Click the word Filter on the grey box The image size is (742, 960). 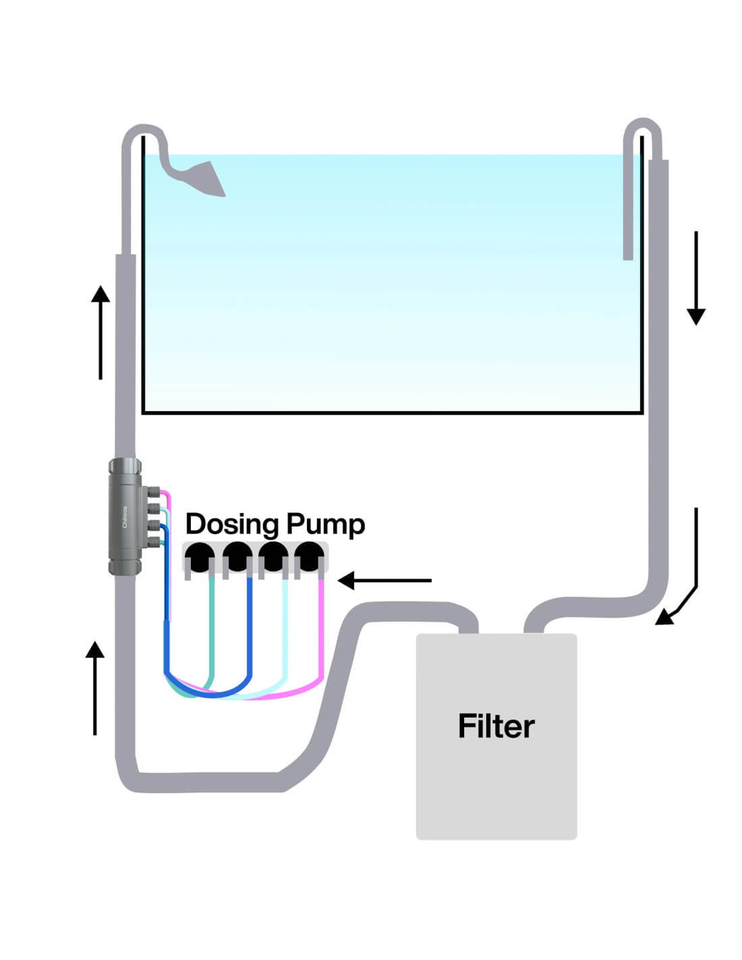(496, 726)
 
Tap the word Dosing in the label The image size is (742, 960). (231, 525)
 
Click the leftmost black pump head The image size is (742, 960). (200, 557)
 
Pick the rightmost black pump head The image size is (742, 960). (309, 557)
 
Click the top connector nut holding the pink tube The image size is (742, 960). (154, 492)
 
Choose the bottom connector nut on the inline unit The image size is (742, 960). (154, 540)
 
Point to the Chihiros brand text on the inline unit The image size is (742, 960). (125, 517)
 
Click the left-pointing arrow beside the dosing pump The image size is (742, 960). (384, 580)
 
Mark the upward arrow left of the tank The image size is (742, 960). (101, 331)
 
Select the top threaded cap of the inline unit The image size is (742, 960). (125, 466)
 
